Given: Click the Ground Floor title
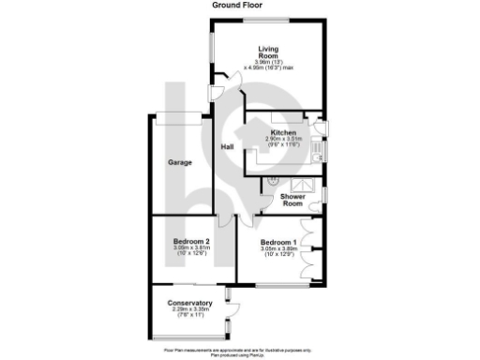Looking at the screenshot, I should [239, 5].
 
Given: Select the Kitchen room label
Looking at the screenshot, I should [283, 132].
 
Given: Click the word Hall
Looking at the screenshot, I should [227, 147].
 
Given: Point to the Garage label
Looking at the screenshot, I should [180, 162].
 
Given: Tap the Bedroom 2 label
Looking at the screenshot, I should [190, 242].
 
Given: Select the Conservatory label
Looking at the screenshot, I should [189, 303].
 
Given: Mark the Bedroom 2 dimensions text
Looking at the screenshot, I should [190, 251].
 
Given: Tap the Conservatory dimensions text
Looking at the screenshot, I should [189, 312].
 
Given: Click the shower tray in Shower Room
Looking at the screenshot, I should [305, 183].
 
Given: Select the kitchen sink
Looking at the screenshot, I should [317, 146].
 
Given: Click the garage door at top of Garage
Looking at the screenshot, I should [180, 116].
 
